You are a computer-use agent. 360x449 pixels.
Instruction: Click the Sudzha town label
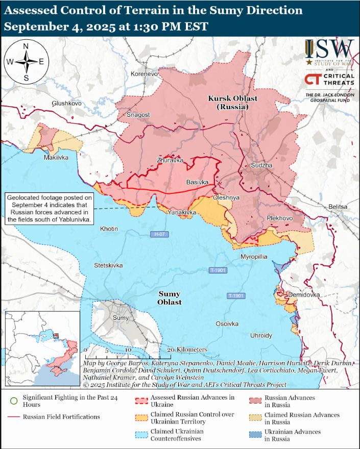tap(261, 166)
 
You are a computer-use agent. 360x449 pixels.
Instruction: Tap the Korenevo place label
tap(145, 74)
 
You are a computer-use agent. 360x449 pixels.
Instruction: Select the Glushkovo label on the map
tap(66, 103)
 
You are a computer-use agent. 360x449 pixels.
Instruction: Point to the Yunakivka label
tap(182, 212)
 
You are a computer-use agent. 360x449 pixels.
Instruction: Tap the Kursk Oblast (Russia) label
tap(232, 102)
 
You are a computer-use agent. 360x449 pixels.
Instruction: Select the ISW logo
tap(329, 53)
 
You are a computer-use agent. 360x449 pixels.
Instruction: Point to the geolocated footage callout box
tap(50, 208)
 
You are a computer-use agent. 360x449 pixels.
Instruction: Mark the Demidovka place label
tap(304, 295)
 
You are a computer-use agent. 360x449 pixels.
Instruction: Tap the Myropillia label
tap(254, 257)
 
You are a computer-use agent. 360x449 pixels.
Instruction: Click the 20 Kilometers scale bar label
tap(187, 350)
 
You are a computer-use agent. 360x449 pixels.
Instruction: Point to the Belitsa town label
tap(338, 207)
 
